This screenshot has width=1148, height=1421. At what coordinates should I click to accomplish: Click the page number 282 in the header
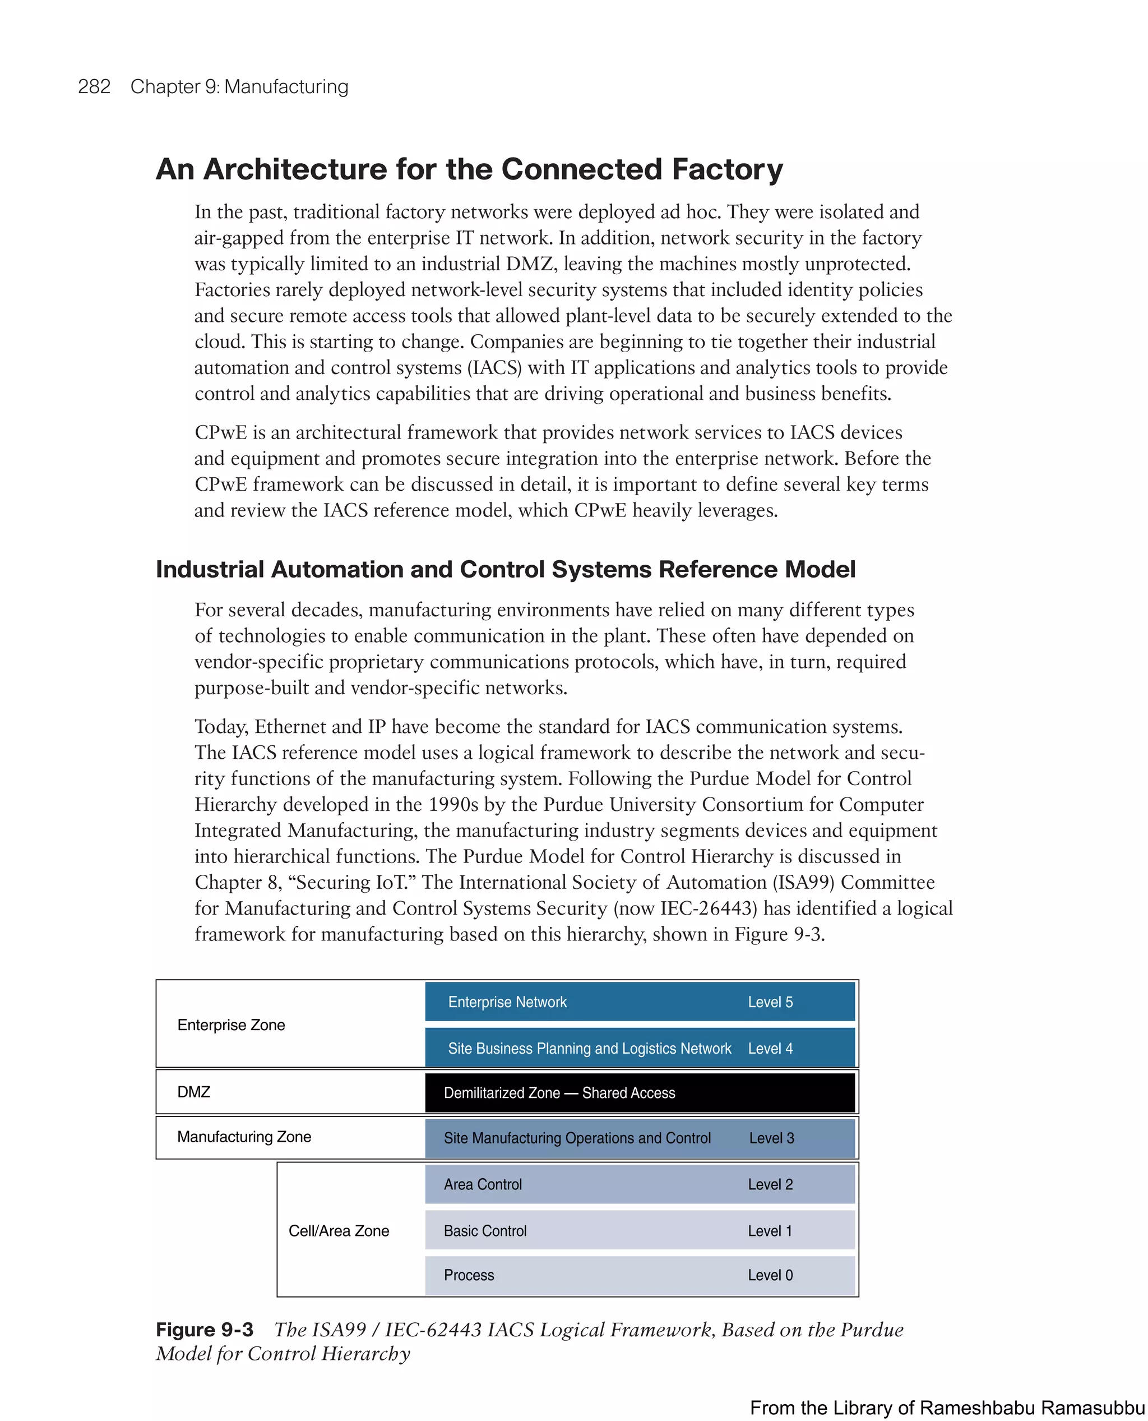[94, 87]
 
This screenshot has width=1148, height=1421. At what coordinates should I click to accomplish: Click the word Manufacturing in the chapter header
[286, 87]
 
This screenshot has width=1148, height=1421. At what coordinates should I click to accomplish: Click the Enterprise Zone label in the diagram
[231, 1025]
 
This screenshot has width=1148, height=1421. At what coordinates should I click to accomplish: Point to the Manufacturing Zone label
[244, 1137]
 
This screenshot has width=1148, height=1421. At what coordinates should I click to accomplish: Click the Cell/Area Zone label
[339, 1230]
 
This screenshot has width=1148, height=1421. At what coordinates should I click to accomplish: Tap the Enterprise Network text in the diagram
[507, 1002]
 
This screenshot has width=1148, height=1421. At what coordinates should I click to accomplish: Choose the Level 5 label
[770, 1002]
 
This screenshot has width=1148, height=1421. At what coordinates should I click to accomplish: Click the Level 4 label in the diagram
[770, 1048]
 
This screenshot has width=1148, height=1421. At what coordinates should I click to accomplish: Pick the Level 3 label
[771, 1138]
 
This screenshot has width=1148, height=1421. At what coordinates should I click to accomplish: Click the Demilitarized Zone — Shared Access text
[559, 1093]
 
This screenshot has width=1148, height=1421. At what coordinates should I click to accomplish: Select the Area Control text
[483, 1184]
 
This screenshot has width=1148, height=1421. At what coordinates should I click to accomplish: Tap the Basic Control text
[485, 1230]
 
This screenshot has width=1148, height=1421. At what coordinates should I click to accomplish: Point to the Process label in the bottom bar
[469, 1275]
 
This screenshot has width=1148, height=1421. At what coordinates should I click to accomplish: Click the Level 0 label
[770, 1275]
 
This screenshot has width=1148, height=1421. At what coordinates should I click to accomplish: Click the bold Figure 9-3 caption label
[205, 1330]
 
